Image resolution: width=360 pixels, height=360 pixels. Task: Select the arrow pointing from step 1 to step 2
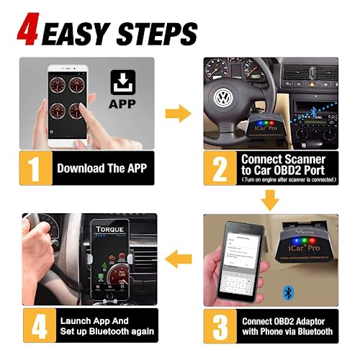pyautogui.click(x=178, y=112)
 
